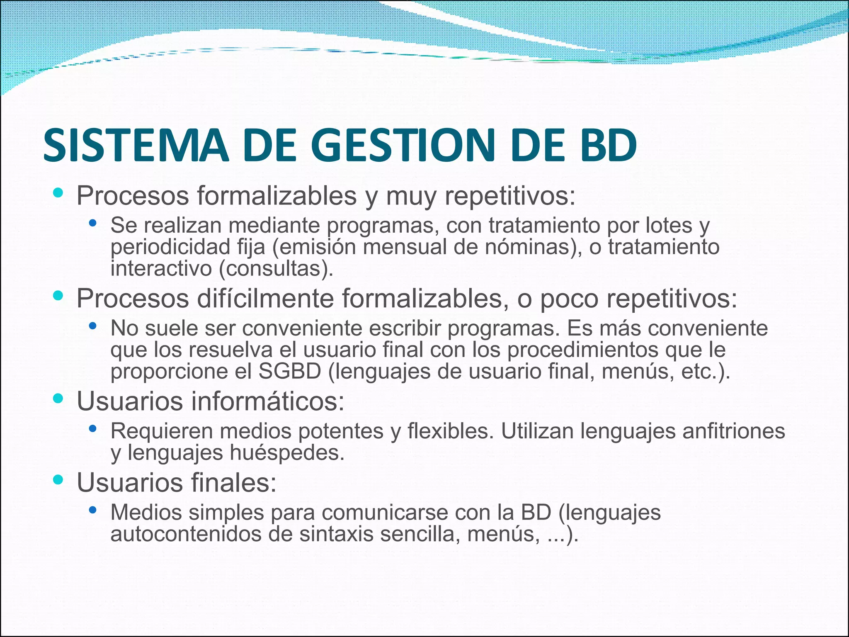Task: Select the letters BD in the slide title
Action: pyautogui.click(x=608, y=145)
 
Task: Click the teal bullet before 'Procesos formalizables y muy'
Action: pyautogui.click(x=58, y=192)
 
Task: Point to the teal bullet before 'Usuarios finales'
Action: pyautogui.click(x=58, y=480)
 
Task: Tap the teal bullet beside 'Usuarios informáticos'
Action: pyautogui.click(x=58, y=399)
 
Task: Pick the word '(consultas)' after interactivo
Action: pyautogui.click(x=276, y=269)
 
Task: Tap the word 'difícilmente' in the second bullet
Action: pyautogui.click(x=265, y=299)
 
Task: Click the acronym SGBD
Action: pyautogui.click(x=290, y=371)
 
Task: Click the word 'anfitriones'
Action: pyautogui.click(x=733, y=431)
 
